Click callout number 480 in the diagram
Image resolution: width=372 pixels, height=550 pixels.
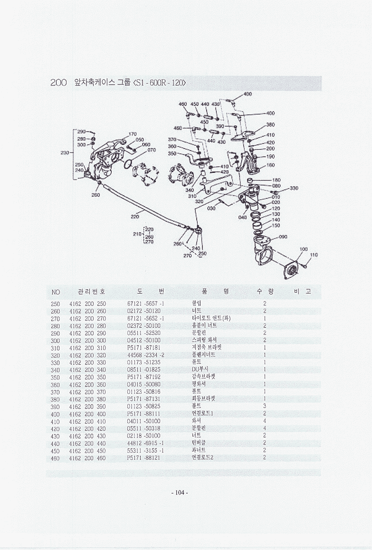pos(247,94)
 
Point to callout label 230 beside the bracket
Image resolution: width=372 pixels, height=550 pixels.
pos(65,152)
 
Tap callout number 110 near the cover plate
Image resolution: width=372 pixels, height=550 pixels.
pos(314,255)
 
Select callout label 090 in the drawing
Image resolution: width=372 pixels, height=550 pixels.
pos(283,237)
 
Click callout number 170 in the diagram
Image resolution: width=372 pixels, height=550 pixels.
pos(133,134)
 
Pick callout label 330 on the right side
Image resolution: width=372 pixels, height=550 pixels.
pos(294,188)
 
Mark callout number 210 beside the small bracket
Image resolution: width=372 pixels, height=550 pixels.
pos(138,234)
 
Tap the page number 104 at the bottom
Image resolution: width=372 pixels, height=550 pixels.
pos(180,493)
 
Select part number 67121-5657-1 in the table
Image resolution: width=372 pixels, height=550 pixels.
pos(145,303)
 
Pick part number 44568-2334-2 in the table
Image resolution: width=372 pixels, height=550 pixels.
pos(145,355)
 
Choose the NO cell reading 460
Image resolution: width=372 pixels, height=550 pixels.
pos(55,458)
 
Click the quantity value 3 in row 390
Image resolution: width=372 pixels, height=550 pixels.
pos(265,406)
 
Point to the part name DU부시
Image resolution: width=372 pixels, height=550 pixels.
pos(200,370)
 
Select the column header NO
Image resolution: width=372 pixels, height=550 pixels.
pos(56,292)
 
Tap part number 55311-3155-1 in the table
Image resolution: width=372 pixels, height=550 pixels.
pos(145,450)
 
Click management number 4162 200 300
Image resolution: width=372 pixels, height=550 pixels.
pos(87,341)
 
